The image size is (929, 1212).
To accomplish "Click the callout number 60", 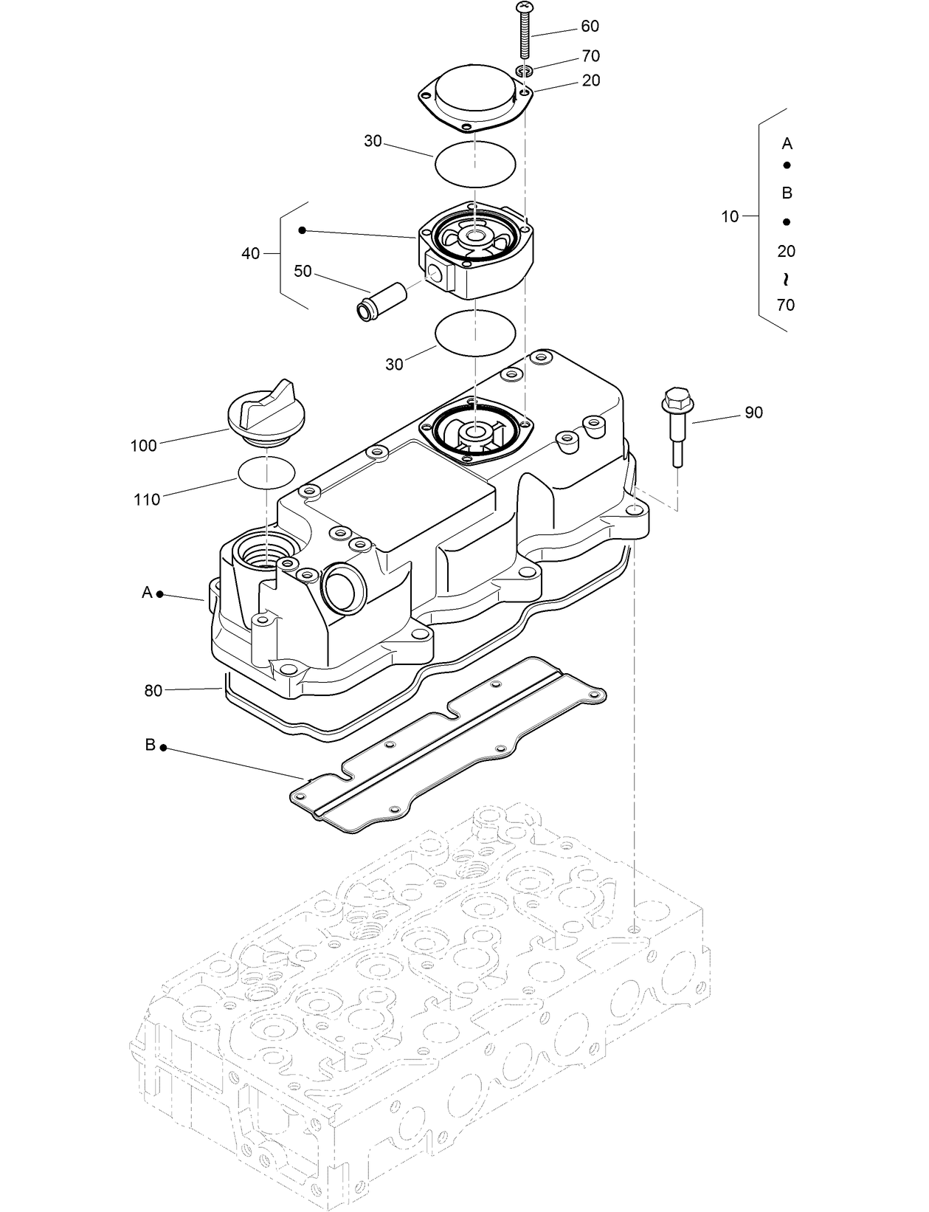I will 590,27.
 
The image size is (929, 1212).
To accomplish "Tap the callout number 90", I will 753,413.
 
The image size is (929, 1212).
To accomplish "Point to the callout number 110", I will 146,500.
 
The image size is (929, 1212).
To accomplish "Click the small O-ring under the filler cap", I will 266,472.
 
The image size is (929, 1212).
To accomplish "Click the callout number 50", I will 303,272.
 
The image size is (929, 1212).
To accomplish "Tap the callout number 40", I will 251,254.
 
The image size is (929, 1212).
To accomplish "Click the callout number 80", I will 153,692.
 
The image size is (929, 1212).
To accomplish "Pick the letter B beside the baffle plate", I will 150,746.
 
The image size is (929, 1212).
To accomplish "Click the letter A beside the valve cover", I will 147,593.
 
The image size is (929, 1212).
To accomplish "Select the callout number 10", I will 729,217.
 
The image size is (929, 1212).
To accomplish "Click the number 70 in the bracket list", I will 786,305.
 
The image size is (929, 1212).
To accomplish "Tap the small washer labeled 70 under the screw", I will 525,72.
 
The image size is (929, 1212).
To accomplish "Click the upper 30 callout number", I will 373,141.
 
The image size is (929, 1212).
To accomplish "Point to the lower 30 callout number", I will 394,365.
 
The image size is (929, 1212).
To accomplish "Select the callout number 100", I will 143,446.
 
